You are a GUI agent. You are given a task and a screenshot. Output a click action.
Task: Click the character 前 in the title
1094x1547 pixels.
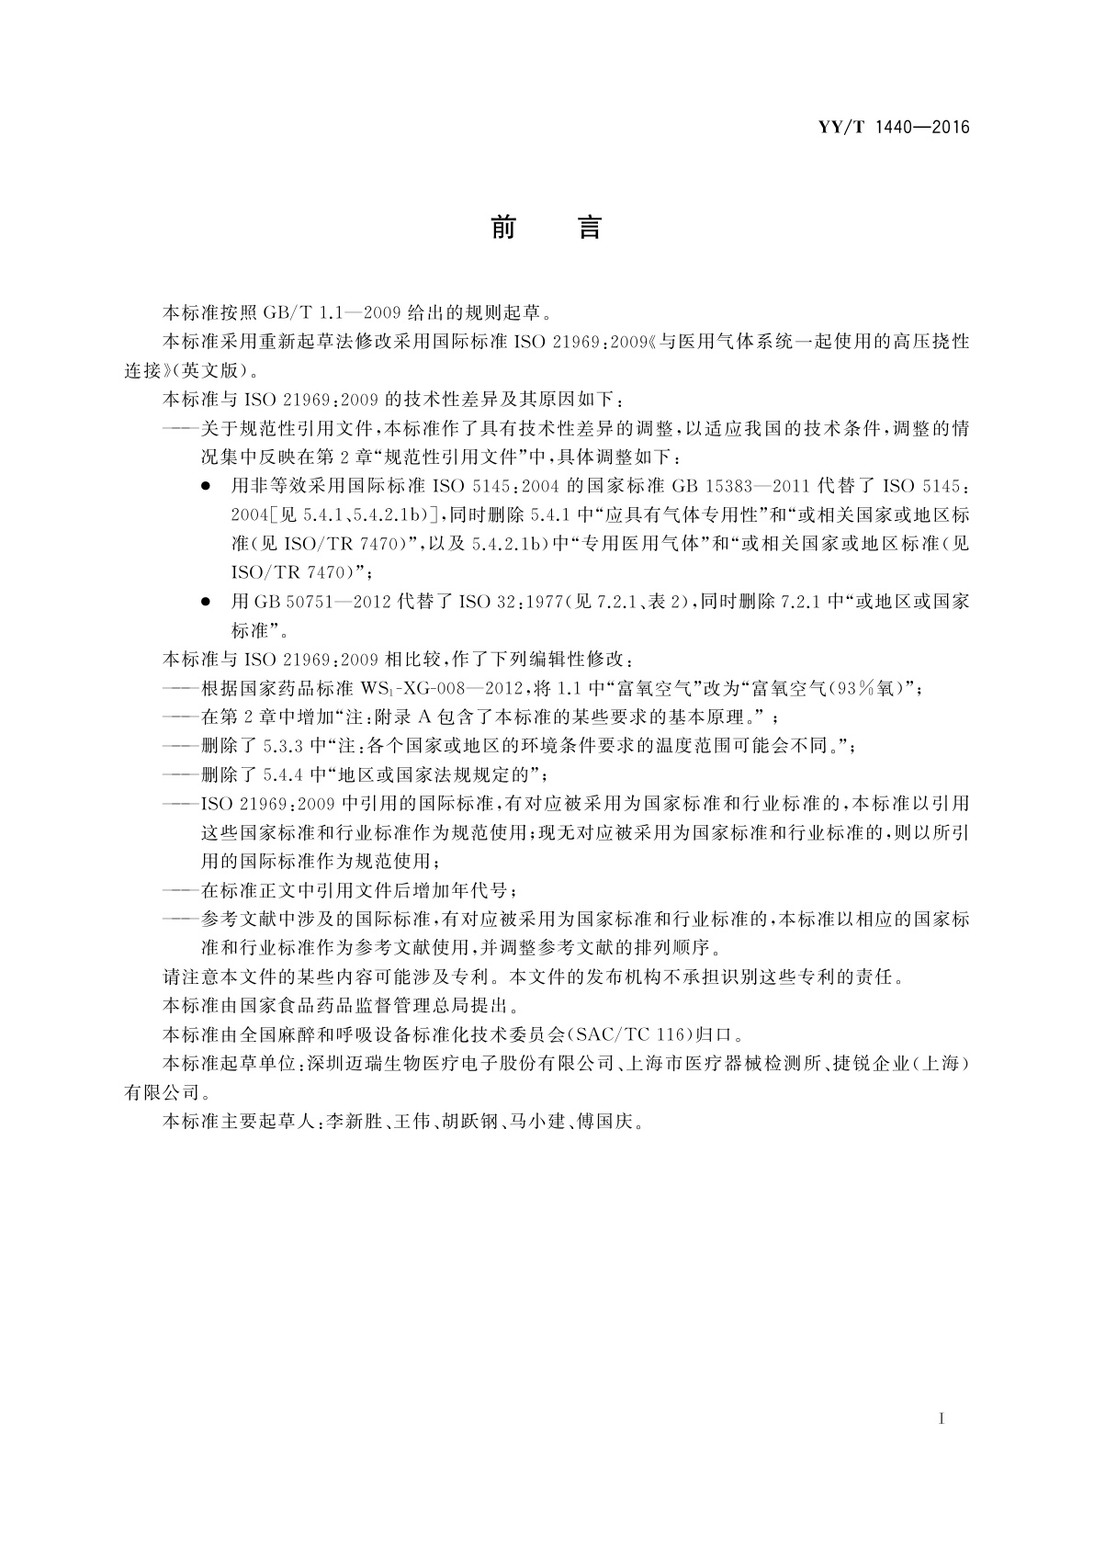tap(502, 227)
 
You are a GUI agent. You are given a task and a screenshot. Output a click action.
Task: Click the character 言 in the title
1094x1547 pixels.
tap(589, 227)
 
